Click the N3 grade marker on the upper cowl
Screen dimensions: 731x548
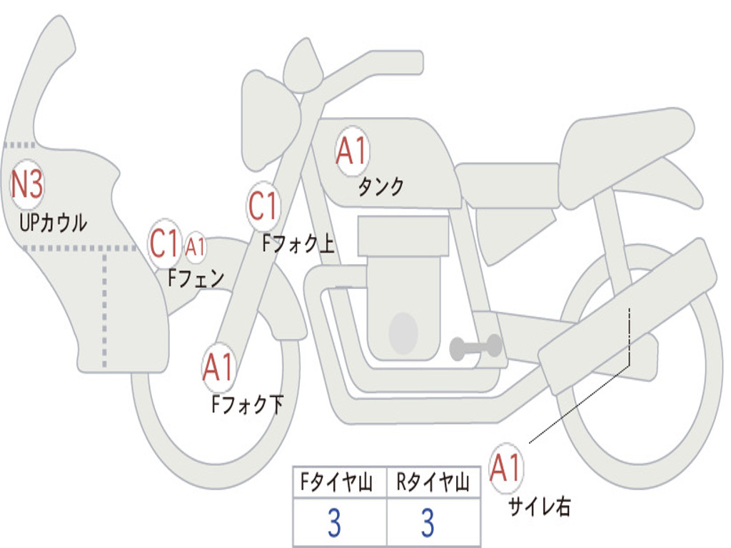tap(27, 185)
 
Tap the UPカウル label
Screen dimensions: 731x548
tap(54, 223)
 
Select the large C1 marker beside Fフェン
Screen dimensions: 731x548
tap(163, 244)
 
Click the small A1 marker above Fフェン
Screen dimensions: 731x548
tap(196, 247)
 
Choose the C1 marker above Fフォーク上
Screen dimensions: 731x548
tap(263, 207)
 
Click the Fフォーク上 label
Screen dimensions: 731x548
tap(298, 245)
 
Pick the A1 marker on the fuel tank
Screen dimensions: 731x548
tap(351, 151)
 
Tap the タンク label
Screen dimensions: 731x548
tap(380, 187)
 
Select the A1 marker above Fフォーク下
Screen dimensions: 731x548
tap(218, 368)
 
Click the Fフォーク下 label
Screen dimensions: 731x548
tap(247, 405)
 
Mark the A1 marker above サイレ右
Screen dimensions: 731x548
tap(505, 469)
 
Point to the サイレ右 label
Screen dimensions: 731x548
tap(540, 507)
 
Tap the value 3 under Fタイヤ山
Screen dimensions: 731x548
tap(333, 524)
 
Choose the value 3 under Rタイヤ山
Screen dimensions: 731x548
tap(428, 524)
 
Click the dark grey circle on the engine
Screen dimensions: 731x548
tap(403, 333)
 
